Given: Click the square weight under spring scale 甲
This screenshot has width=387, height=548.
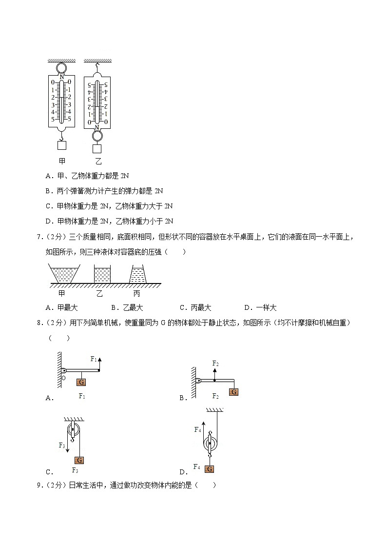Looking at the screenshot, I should point(62,145).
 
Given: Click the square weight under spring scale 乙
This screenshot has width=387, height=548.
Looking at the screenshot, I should point(97,149).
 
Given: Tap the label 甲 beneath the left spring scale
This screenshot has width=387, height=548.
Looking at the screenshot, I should point(62,161).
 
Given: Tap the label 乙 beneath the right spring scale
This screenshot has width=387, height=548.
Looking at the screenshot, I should point(98,161).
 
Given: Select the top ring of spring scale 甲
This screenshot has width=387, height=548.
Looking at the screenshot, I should point(62,68).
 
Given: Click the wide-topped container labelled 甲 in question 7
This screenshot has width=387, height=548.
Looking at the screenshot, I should point(64,274).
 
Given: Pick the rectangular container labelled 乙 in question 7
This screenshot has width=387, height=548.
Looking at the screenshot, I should point(102,274).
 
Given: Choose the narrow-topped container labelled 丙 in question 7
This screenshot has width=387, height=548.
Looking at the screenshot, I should point(137,274).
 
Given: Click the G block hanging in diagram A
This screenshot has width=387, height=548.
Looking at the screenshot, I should point(81,382).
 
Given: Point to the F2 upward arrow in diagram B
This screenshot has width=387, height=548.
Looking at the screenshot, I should point(215,373).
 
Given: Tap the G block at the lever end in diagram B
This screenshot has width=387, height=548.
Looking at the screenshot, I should point(233,392).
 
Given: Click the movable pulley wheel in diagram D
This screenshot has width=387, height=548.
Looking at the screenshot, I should point(211,444).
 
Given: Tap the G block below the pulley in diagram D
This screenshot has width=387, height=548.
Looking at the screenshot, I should point(210,469).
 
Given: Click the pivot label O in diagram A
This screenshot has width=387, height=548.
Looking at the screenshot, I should point(63,377).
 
